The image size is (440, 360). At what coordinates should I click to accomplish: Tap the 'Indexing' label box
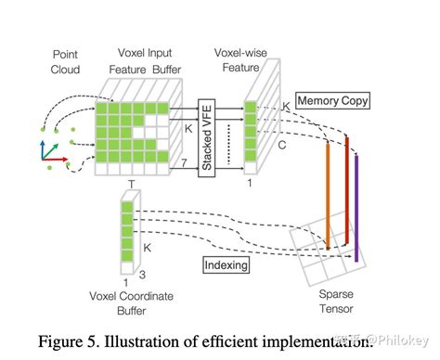(x=225, y=265)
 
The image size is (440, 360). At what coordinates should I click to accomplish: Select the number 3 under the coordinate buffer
(x=140, y=275)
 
